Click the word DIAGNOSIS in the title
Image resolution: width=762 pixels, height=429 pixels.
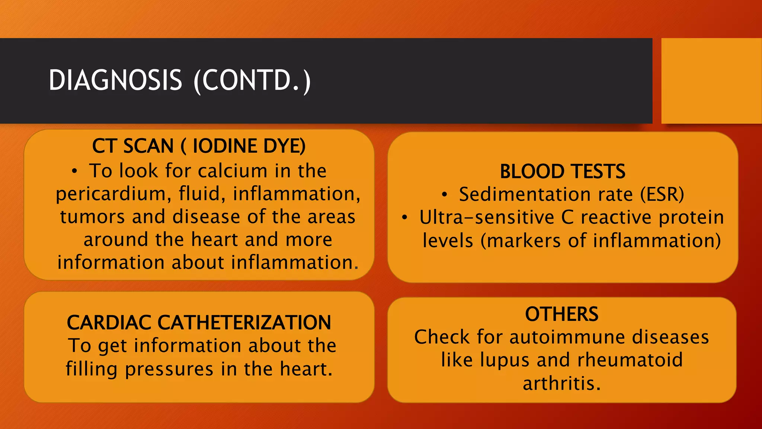click(x=115, y=80)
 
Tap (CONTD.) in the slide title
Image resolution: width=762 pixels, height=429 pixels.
click(x=252, y=80)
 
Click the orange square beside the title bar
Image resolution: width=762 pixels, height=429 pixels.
click(x=711, y=80)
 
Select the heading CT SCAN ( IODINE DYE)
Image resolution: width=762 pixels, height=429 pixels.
click(x=199, y=146)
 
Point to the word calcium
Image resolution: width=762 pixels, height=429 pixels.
click(x=232, y=171)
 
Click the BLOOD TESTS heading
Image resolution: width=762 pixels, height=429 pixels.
click(x=562, y=172)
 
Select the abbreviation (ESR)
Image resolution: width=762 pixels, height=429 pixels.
click(x=662, y=195)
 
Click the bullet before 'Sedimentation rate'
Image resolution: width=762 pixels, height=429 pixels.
click(x=444, y=195)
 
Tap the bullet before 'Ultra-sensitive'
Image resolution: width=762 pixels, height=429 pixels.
click(x=404, y=218)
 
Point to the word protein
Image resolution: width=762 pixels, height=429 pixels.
click(x=691, y=218)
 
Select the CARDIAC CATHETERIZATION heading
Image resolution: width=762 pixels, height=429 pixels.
click(x=199, y=322)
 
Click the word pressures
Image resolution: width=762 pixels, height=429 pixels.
click(x=169, y=369)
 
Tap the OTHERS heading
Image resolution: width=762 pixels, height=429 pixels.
click(x=561, y=314)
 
